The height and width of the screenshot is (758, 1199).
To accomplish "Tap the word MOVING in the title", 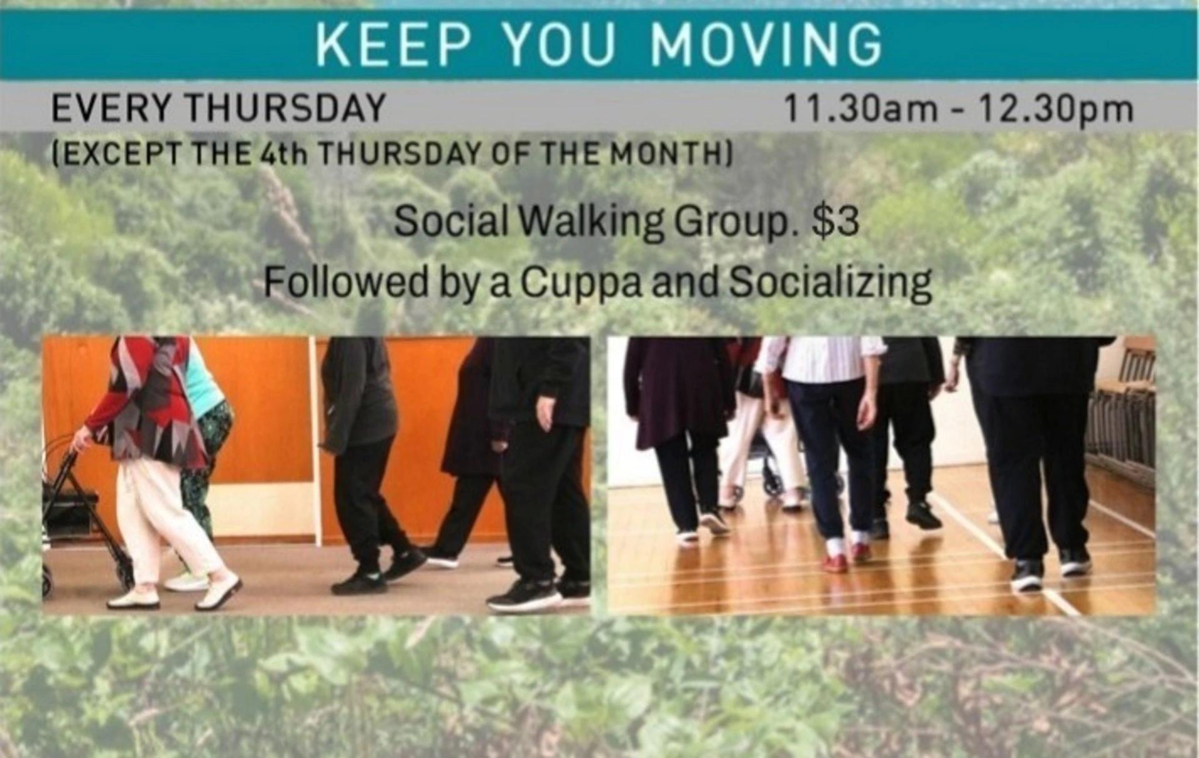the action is coord(766,45).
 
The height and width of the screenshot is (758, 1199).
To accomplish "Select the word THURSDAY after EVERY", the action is coord(286,108).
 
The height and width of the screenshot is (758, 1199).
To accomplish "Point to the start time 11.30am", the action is coord(861,109).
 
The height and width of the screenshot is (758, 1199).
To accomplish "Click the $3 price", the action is coord(836,220).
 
